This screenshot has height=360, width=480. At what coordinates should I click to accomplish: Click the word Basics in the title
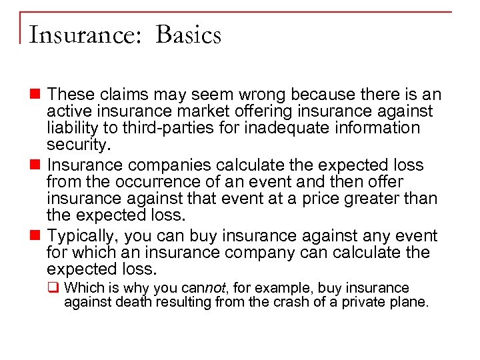click(188, 35)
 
